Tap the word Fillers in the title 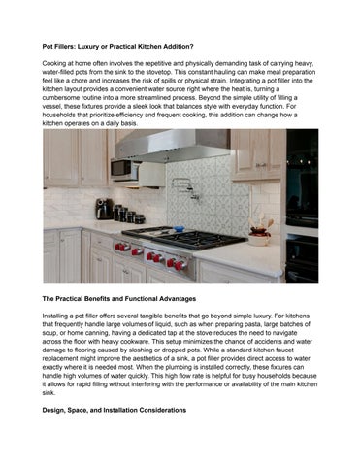click(x=66, y=45)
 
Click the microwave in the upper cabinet click(x=124, y=169)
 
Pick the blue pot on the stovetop click(x=152, y=225)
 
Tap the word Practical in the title click(x=143, y=45)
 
